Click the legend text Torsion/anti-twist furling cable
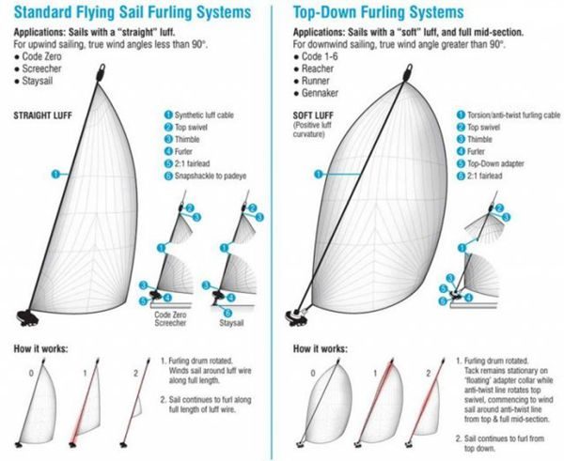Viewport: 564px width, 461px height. (x=508, y=115)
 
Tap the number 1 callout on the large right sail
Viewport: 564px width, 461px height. (x=319, y=173)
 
